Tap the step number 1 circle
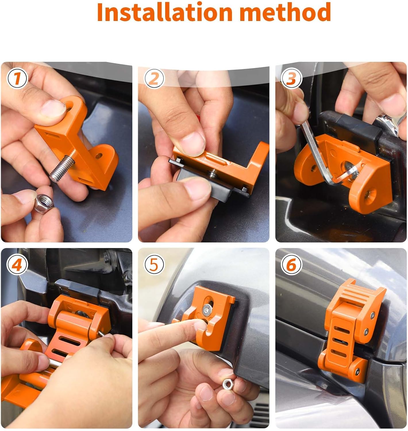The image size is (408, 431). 17,78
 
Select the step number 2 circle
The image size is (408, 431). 154,78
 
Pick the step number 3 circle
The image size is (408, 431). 291,78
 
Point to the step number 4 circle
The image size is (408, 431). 17,265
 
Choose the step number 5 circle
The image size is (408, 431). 154,265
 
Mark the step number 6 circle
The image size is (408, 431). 291,265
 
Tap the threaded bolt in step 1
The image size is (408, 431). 62,171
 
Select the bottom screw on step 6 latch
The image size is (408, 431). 357,370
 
